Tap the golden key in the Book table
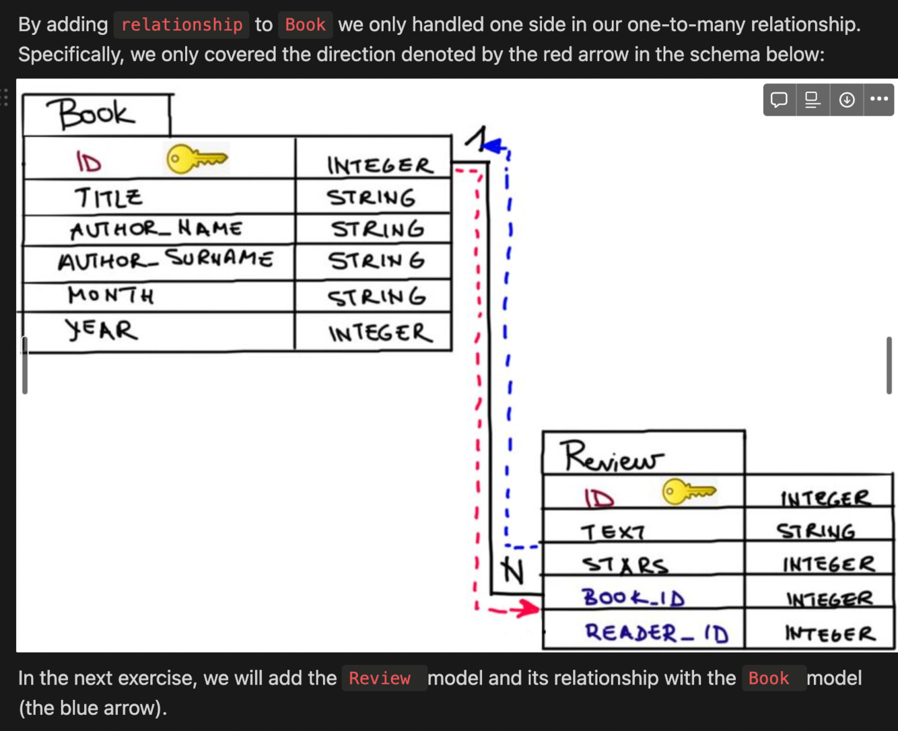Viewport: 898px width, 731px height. click(x=197, y=159)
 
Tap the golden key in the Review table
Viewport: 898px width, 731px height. click(x=689, y=491)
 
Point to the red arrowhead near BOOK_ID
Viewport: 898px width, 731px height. click(x=529, y=609)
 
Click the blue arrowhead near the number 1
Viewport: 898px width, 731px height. click(x=495, y=144)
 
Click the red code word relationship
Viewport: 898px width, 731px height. click(x=182, y=25)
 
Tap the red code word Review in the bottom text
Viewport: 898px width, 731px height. click(x=380, y=678)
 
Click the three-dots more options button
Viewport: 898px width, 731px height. click(x=878, y=100)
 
